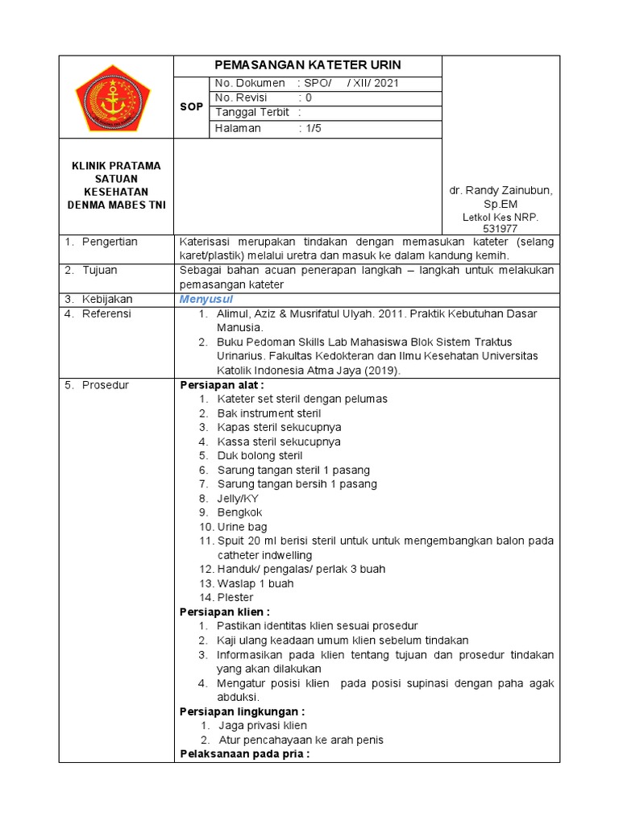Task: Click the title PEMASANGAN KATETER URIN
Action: click(x=308, y=65)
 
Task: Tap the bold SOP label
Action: click(x=191, y=106)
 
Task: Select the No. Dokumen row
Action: click(x=325, y=83)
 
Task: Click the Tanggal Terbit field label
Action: click(x=252, y=113)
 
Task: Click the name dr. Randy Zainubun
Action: click(x=501, y=190)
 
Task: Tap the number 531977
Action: click(x=500, y=229)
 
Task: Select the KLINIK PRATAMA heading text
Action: click(x=116, y=166)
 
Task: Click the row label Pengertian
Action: click(x=110, y=242)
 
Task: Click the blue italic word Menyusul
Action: click(x=206, y=299)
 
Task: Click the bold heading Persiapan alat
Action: click(x=216, y=385)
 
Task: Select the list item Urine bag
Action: click(x=242, y=527)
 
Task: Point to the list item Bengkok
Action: click(x=239, y=512)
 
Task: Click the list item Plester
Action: click(x=235, y=598)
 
